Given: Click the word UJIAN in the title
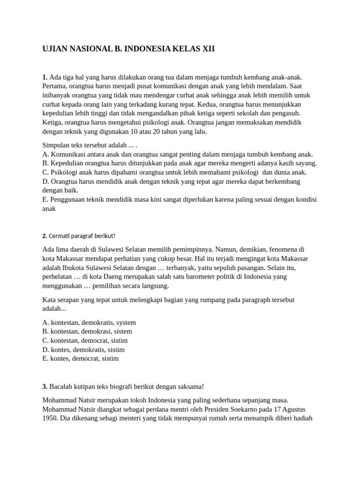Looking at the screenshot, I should click(x=55, y=49).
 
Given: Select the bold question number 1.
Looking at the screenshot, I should click(x=45, y=77).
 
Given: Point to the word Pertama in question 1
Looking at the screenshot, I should click(x=55, y=86).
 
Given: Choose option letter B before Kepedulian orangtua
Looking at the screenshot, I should click(x=45, y=163).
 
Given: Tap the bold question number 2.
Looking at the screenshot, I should click(x=45, y=236).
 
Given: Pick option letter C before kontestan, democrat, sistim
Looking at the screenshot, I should click(x=45, y=340).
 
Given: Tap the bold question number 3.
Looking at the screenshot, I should click(x=45, y=386).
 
